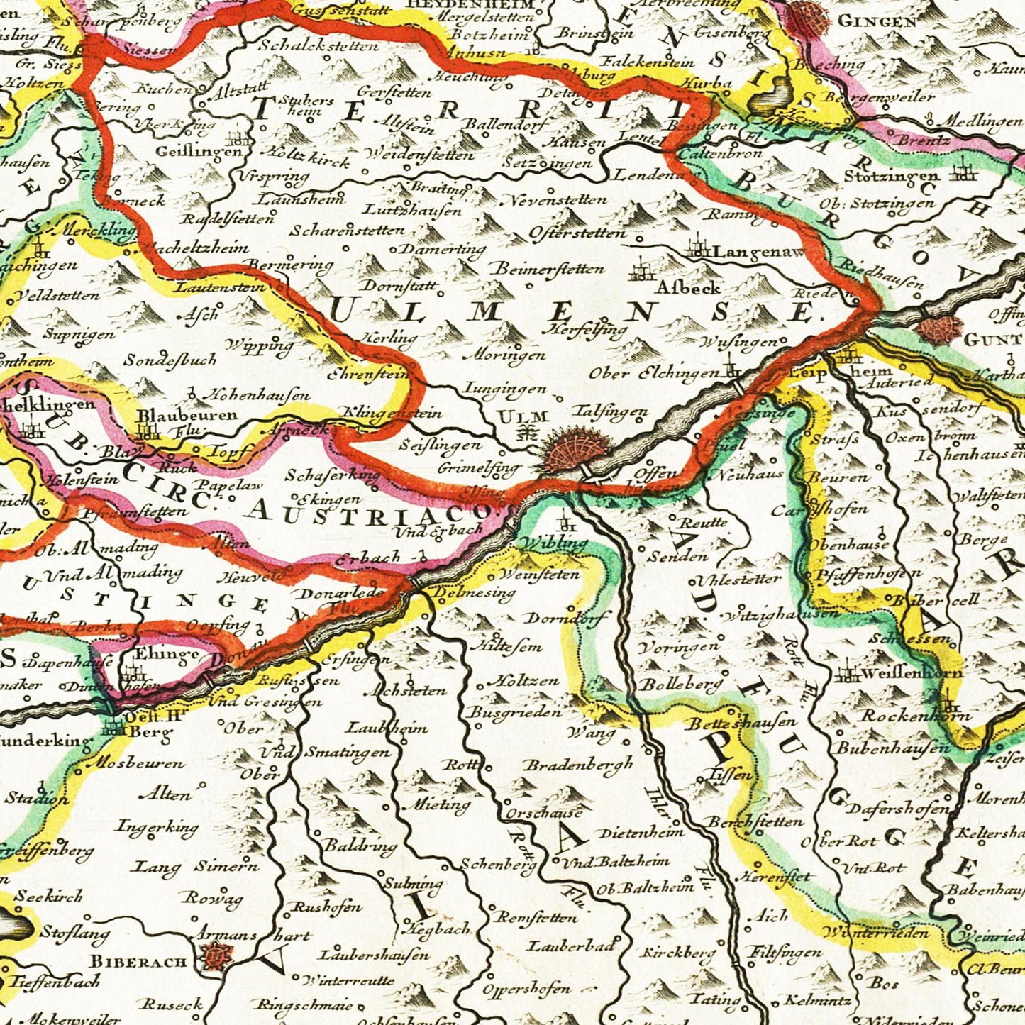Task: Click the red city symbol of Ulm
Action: [x=576, y=452]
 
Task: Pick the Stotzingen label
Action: [x=887, y=174]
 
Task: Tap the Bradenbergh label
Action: [x=578, y=765]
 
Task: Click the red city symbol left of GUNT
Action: [x=938, y=330]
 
